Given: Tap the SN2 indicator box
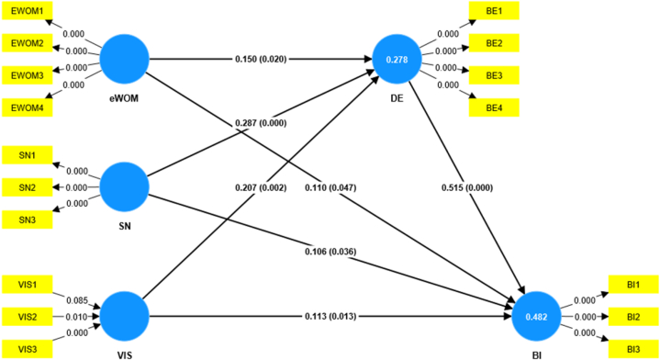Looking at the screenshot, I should coord(28,188).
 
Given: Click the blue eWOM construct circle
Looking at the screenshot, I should coord(123,60).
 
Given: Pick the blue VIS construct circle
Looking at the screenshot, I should coord(123,317).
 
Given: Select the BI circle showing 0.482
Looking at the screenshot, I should coord(536,318).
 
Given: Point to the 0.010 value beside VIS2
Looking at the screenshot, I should coord(78,317).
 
